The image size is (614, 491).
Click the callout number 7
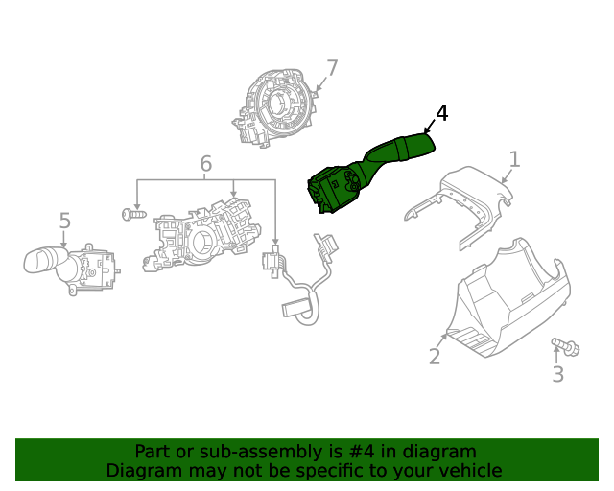(x=332, y=68)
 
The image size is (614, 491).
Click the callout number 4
(x=441, y=113)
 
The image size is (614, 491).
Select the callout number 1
(x=514, y=159)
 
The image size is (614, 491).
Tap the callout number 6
(x=205, y=165)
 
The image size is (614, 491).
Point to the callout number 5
(x=64, y=222)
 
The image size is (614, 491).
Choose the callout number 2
(x=435, y=357)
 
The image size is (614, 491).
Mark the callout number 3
(x=557, y=374)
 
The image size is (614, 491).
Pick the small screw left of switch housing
(x=132, y=215)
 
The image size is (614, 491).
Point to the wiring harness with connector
(x=302, y=278)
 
